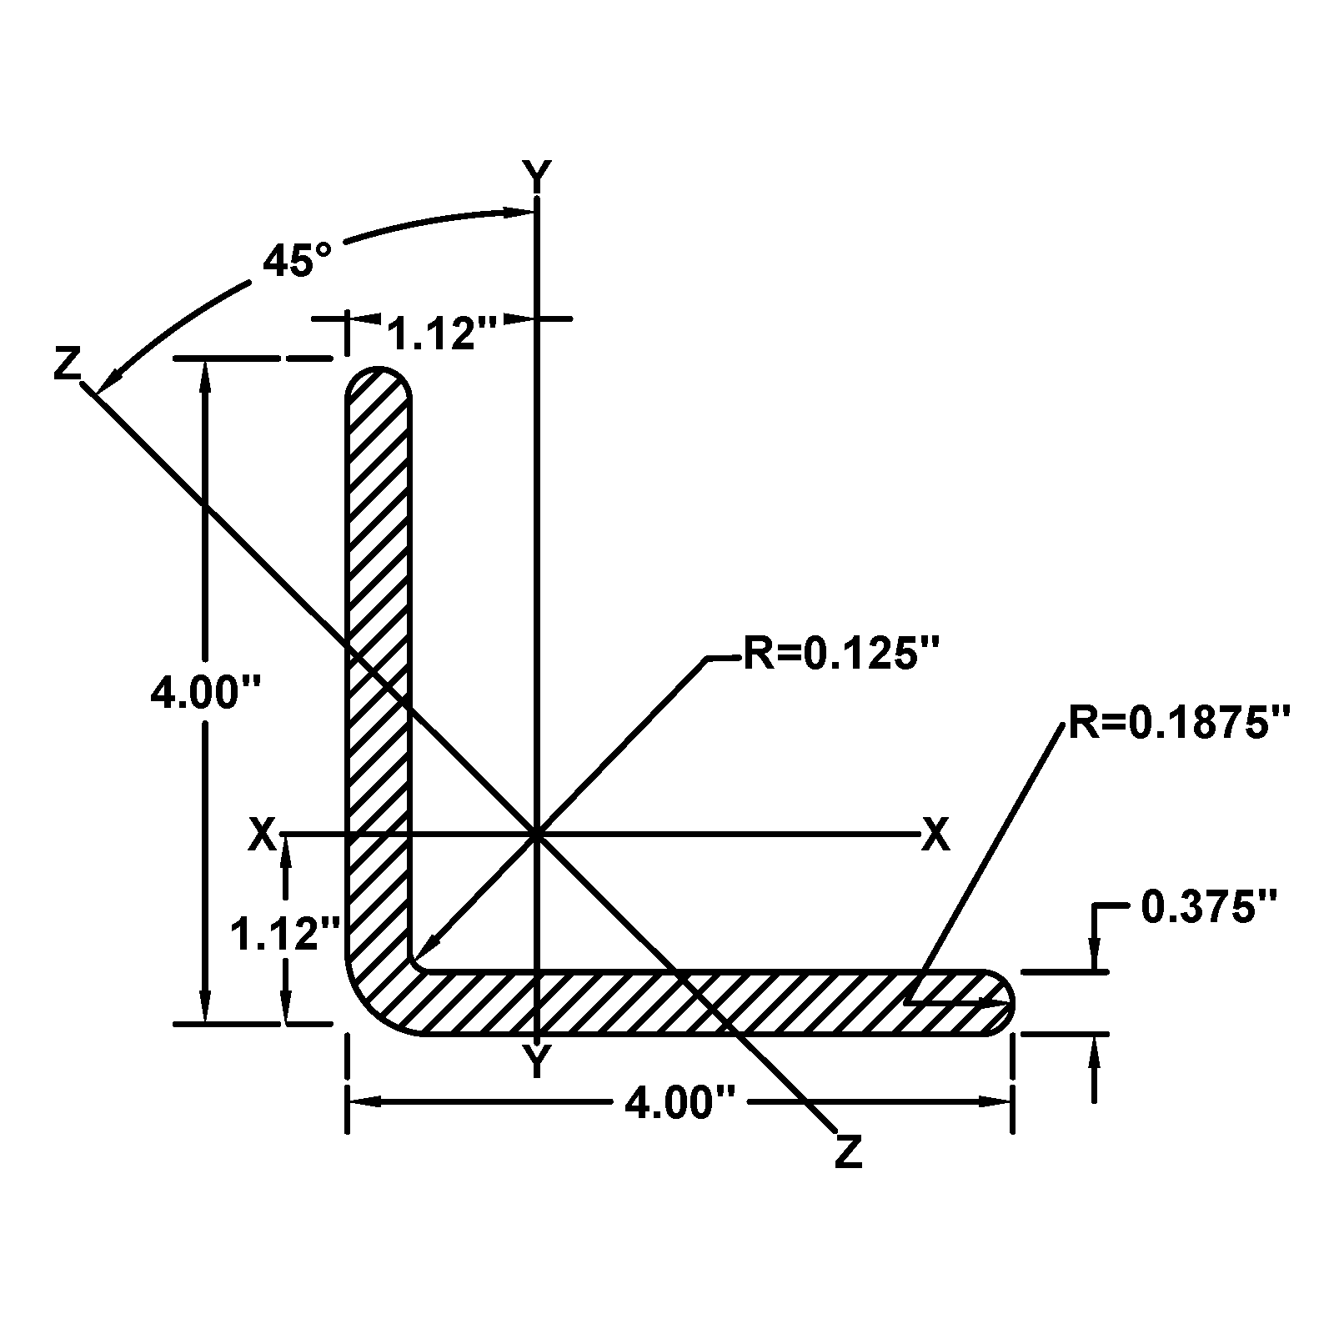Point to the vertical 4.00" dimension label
pos(205,692)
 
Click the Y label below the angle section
pos(537,1062)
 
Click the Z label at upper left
pos(67,364)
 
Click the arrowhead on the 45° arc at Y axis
pos(521,212)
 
